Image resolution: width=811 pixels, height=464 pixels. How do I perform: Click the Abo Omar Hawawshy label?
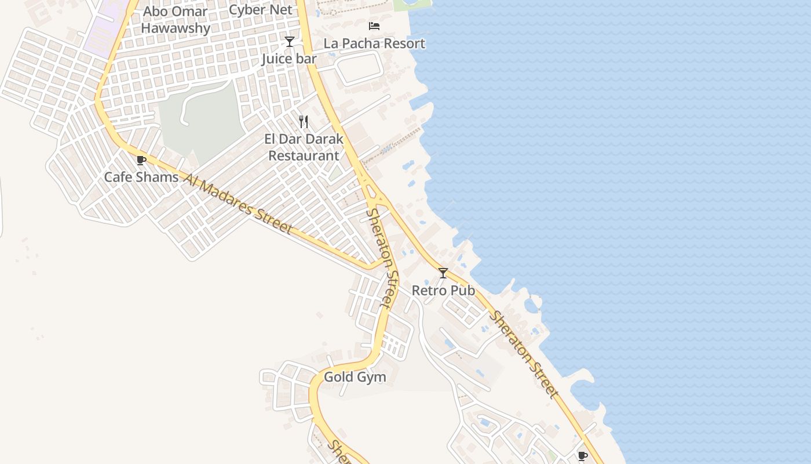pos(176,20)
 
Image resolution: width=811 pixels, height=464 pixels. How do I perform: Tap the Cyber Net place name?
pos(261,9)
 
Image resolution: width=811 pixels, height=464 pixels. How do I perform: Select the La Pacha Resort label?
pos(374,43)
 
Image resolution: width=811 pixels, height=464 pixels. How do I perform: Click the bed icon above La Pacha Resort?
pos(374,26)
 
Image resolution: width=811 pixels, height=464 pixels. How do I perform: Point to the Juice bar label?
pos(289,59)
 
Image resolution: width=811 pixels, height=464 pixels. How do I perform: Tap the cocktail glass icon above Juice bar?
pos(290,42)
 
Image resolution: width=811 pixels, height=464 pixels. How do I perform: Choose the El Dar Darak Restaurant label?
pos(304,147)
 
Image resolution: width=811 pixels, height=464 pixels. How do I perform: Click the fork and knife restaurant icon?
pos(303,121)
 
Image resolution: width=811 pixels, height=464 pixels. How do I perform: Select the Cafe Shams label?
pos(141,177)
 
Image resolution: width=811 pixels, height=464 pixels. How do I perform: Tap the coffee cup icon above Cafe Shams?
pos(141,161)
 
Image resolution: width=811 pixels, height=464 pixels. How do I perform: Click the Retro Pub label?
pos(443,290)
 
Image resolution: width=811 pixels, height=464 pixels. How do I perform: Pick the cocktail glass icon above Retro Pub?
pos(443,273)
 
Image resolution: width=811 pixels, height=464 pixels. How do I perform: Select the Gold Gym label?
pos(355,377)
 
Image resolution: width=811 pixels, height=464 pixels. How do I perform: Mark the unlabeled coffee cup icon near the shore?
pos(583,456)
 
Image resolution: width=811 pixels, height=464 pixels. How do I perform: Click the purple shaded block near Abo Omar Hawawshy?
pos(104,29)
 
